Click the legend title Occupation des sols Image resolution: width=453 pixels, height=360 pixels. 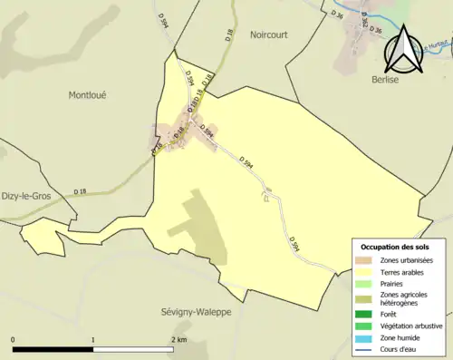tap(396, 247)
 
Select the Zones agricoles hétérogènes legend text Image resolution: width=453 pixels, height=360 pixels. tap(404, 297)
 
